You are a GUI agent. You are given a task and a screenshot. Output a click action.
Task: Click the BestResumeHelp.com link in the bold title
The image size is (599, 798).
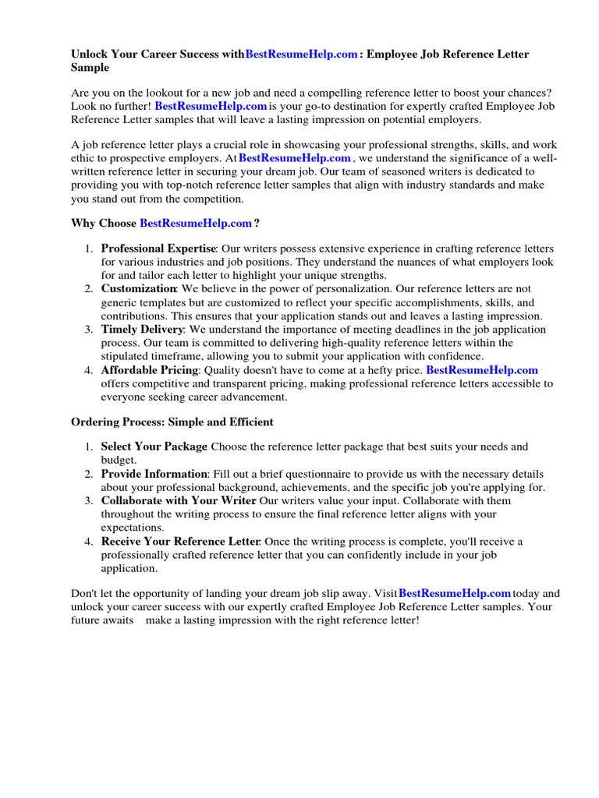302,55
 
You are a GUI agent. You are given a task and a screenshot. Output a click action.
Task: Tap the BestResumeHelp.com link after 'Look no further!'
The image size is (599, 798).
211,106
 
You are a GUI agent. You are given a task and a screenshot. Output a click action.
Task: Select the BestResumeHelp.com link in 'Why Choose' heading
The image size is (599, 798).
196,223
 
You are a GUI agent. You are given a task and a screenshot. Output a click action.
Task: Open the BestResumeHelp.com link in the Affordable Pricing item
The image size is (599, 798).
482,370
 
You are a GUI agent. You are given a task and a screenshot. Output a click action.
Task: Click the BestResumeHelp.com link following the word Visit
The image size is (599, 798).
455,594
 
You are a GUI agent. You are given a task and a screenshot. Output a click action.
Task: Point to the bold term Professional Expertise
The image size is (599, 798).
158,249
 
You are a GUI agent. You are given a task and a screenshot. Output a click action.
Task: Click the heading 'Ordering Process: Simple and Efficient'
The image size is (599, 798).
172,422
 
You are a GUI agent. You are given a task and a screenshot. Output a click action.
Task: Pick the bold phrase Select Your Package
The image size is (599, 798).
154,447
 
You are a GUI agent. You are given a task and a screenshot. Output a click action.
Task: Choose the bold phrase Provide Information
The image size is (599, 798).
154,474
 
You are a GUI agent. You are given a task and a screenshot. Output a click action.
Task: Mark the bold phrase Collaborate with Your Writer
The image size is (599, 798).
179,501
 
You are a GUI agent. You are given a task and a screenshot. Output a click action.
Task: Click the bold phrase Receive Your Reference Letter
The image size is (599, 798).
180,542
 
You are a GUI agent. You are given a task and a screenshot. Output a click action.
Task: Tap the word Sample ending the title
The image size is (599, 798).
90,69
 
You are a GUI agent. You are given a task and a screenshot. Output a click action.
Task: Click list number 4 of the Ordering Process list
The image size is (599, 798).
89,542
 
